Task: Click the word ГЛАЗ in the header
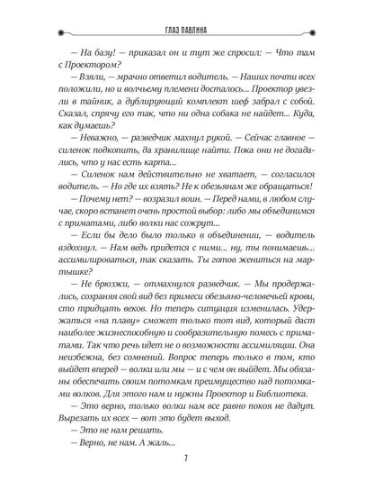165,27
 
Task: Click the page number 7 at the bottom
186,478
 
